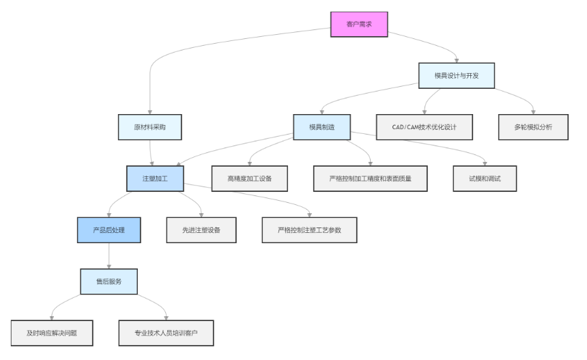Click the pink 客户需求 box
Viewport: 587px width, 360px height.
coord(359,24)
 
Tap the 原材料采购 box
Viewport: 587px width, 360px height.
coord(149,127)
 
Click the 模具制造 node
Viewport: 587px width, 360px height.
coord(321,127)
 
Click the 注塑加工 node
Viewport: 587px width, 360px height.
coord(155,178)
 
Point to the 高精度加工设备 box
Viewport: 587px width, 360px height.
coord(249,178)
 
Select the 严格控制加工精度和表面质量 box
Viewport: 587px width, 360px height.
coord(370,178)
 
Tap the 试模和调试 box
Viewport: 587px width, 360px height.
coord(485,178)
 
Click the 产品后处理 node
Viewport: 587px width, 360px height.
coord(109,230)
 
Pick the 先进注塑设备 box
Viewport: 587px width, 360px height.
coord(202,230)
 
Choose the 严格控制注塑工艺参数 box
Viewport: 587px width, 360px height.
coord(310,230)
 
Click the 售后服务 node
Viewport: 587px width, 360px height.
coord(109,281)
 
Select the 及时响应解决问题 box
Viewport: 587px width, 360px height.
coord(51,333)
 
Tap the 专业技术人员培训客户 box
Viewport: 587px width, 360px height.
coord(166,333)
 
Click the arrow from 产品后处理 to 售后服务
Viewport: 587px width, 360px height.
coord(109,256)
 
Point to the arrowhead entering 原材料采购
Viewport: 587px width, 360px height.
coord(149,111)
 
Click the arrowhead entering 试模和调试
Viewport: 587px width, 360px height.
coord(485,163)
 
